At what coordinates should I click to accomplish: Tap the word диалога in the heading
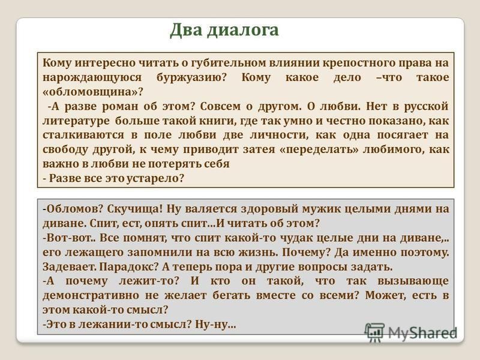tap(243, 31)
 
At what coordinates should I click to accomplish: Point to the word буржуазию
tap(191, 77)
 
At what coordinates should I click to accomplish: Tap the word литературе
tap(76, 121)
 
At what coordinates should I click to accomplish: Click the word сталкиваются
tap(83, 136)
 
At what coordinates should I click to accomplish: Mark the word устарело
tap(155, 178)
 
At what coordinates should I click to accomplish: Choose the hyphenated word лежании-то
tap(113, 325)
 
